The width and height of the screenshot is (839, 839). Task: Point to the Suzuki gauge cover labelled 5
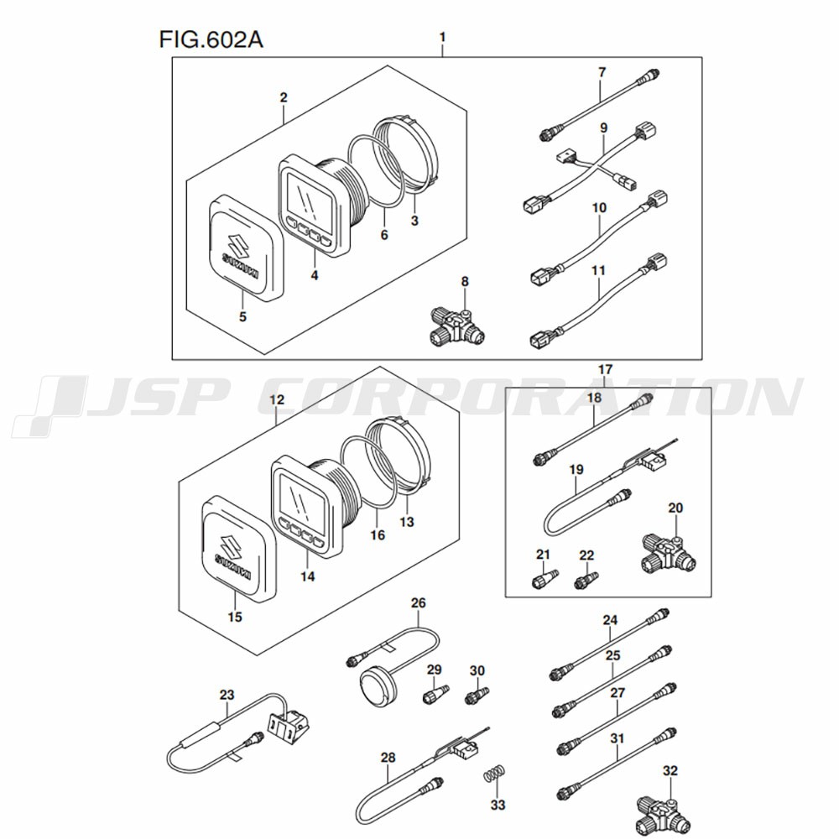coord(243,248)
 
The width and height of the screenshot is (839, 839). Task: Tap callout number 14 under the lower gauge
coord(308,577)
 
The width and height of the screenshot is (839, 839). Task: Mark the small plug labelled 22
coord(586,579)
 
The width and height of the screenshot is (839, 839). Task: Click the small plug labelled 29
coord(434,696)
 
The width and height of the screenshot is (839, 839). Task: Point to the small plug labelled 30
coord(477,695)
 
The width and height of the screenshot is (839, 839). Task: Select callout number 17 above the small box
coord(606,369)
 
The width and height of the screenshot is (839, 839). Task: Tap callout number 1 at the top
coord(442,37)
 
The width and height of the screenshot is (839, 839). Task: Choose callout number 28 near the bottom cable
coord(387,758)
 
